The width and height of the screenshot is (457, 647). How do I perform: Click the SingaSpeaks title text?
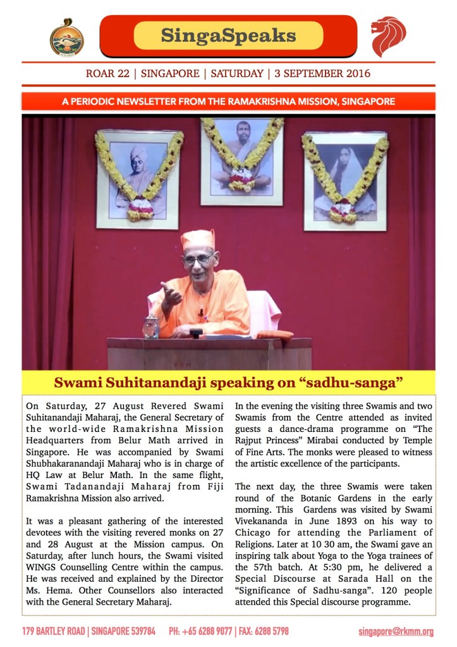228,35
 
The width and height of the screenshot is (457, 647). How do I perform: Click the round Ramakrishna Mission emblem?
66,36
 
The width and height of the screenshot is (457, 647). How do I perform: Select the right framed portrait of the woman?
345,180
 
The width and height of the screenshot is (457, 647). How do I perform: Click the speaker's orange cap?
198,238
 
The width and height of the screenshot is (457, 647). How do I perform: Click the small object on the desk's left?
150,327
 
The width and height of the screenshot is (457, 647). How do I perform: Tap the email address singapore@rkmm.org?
396,631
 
